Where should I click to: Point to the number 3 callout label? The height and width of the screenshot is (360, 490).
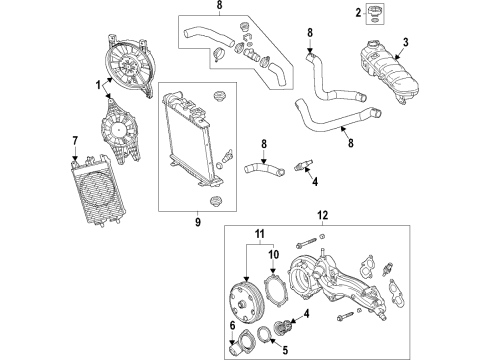coord(406,42)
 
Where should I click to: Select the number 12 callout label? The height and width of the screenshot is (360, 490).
coord(322,243)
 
